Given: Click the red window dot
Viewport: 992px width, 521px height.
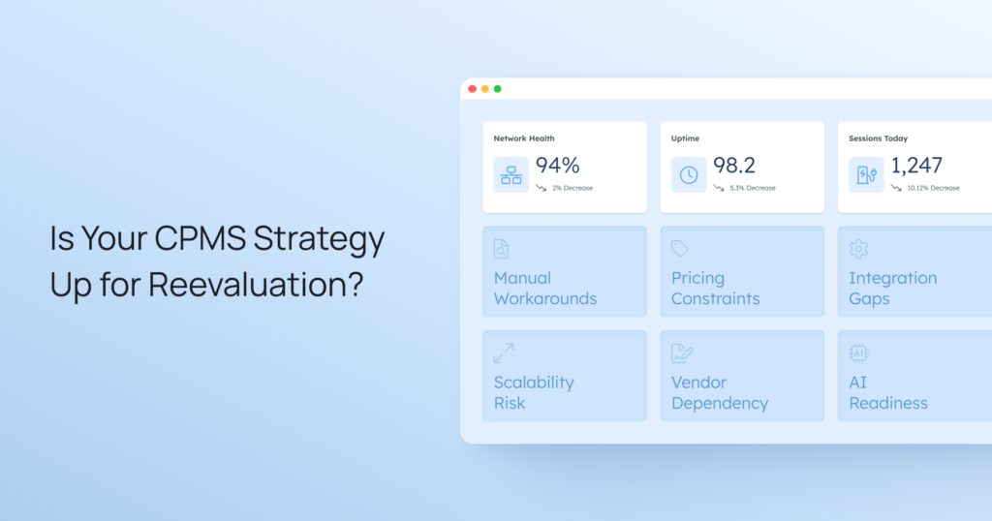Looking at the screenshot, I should click(473, 89).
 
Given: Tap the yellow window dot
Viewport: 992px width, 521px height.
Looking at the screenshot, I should click(485, 89).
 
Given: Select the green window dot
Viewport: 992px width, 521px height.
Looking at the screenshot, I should click(498, 89).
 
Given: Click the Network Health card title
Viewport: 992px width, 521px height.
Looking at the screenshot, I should click(524, 138).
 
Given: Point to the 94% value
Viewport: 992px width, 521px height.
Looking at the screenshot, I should click(557, 166).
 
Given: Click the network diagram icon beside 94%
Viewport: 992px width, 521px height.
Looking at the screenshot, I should click(511, 175).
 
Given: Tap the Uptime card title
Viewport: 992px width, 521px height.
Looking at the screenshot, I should click(685, 138).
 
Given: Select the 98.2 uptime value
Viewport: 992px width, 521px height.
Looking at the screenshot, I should click(733, 166).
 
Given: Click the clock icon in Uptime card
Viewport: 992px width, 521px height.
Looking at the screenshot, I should click(689, 175).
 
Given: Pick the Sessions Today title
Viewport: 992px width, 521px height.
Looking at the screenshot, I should click(878, 138).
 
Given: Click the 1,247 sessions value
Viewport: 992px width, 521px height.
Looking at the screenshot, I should click(916, 166).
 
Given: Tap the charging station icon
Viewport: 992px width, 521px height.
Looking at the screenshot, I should click(866, 175).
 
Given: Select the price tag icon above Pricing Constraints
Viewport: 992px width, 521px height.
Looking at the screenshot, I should click(680, 249).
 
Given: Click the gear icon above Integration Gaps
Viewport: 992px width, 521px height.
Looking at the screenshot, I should click(858, 249).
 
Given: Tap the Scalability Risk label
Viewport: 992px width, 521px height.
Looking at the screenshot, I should click(534, 392).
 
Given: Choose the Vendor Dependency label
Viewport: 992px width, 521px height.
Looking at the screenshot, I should click(720, 392).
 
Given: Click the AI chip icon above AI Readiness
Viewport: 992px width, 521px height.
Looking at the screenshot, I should click(858, 353).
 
